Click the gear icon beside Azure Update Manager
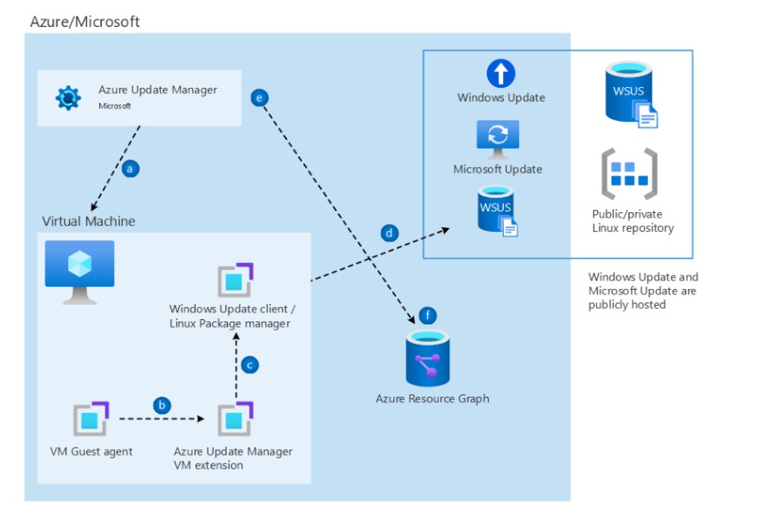(x=68, y=97)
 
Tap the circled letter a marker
(x=132, y=168)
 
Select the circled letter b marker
(x=162, y=405)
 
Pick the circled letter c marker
(x=250, y=365)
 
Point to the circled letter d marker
(x=389, y=233)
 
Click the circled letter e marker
(x=259, y=97)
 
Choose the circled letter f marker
(x=428, y=316)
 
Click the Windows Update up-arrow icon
(x=501, y=74)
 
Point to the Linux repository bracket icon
(x=628, y=174)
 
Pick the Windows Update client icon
(x=235, y=281)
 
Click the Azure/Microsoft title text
(x=85, y=21)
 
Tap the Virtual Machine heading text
(x=89, y=221)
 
